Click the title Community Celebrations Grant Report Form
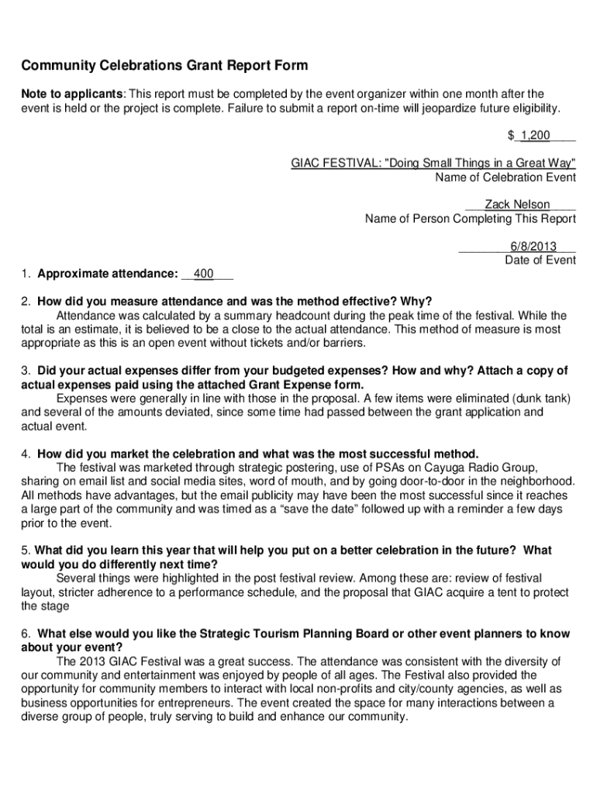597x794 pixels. (164, 65)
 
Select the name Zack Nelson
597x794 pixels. (517, 205)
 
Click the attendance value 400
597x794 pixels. (204, 274)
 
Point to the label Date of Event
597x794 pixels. (540, 260)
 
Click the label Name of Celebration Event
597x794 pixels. (506, 178)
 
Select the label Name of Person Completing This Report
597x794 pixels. (471, 219)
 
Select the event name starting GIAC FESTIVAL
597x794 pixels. (433, 164)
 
